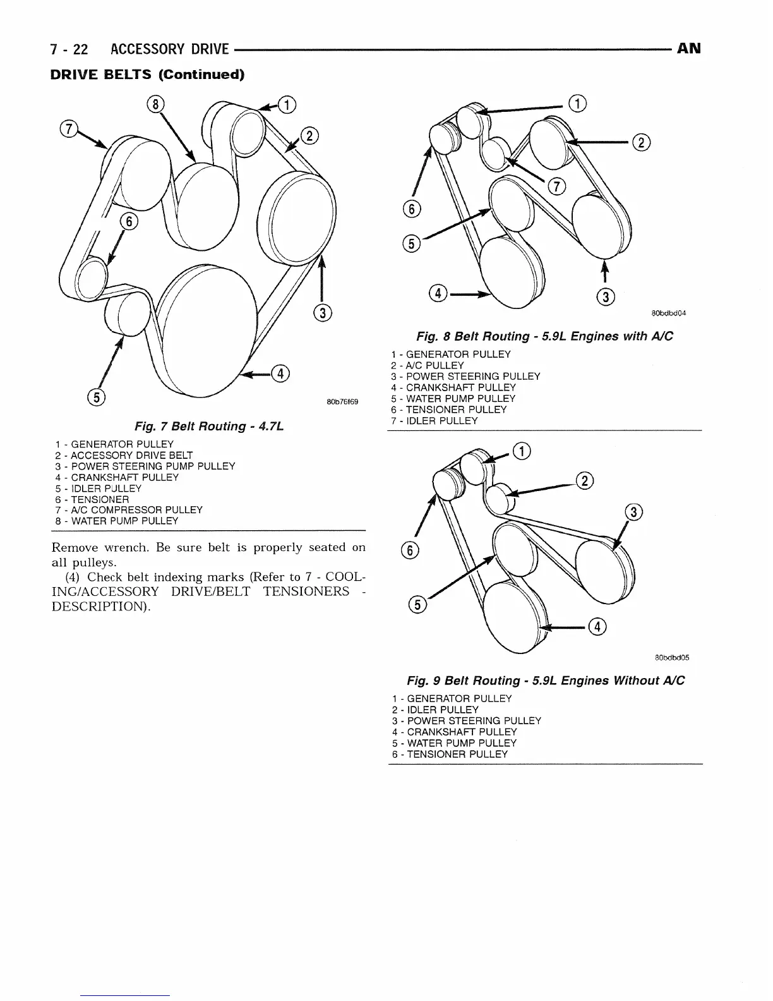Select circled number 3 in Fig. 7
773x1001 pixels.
322,312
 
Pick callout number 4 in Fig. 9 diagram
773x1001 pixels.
597,627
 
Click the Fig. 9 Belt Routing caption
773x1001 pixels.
546,681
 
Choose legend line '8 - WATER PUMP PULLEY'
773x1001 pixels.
117,521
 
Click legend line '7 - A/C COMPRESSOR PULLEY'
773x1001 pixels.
129,510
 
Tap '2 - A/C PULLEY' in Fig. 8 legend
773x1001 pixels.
428,365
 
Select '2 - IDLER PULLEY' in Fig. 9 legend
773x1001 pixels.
435,710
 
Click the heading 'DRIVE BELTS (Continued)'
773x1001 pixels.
147,75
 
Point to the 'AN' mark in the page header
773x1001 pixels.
688,49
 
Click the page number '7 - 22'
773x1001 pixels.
70,49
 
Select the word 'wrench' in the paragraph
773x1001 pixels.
125,547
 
